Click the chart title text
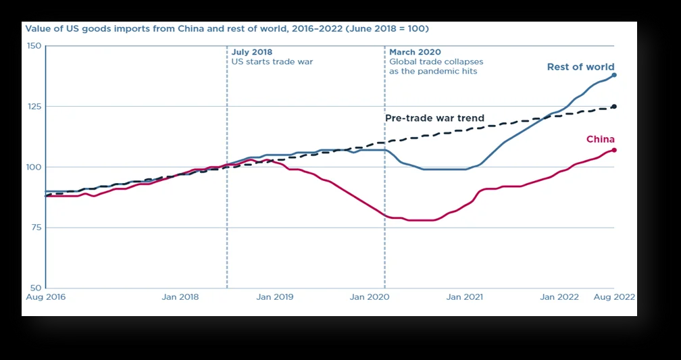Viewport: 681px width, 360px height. (227, 29)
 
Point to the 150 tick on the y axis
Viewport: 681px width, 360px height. (34, 46)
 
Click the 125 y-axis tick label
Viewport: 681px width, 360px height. (34, 107)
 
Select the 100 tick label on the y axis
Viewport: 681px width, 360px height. (34, 167)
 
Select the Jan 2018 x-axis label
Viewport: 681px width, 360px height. (180, 297)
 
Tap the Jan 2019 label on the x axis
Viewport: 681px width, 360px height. (275, 297)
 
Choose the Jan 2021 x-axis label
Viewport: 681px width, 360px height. (464, 297)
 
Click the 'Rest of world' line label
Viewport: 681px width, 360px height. (580, 67)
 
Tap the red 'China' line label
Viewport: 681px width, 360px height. (600, 139)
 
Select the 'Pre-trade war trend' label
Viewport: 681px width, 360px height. (434, 118)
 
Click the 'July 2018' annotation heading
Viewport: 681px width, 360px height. (251, 52)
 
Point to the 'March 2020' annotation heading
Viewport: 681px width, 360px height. (415, 52)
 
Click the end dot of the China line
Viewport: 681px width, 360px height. (614, 150)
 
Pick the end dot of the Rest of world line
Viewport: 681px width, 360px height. (614, 75)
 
